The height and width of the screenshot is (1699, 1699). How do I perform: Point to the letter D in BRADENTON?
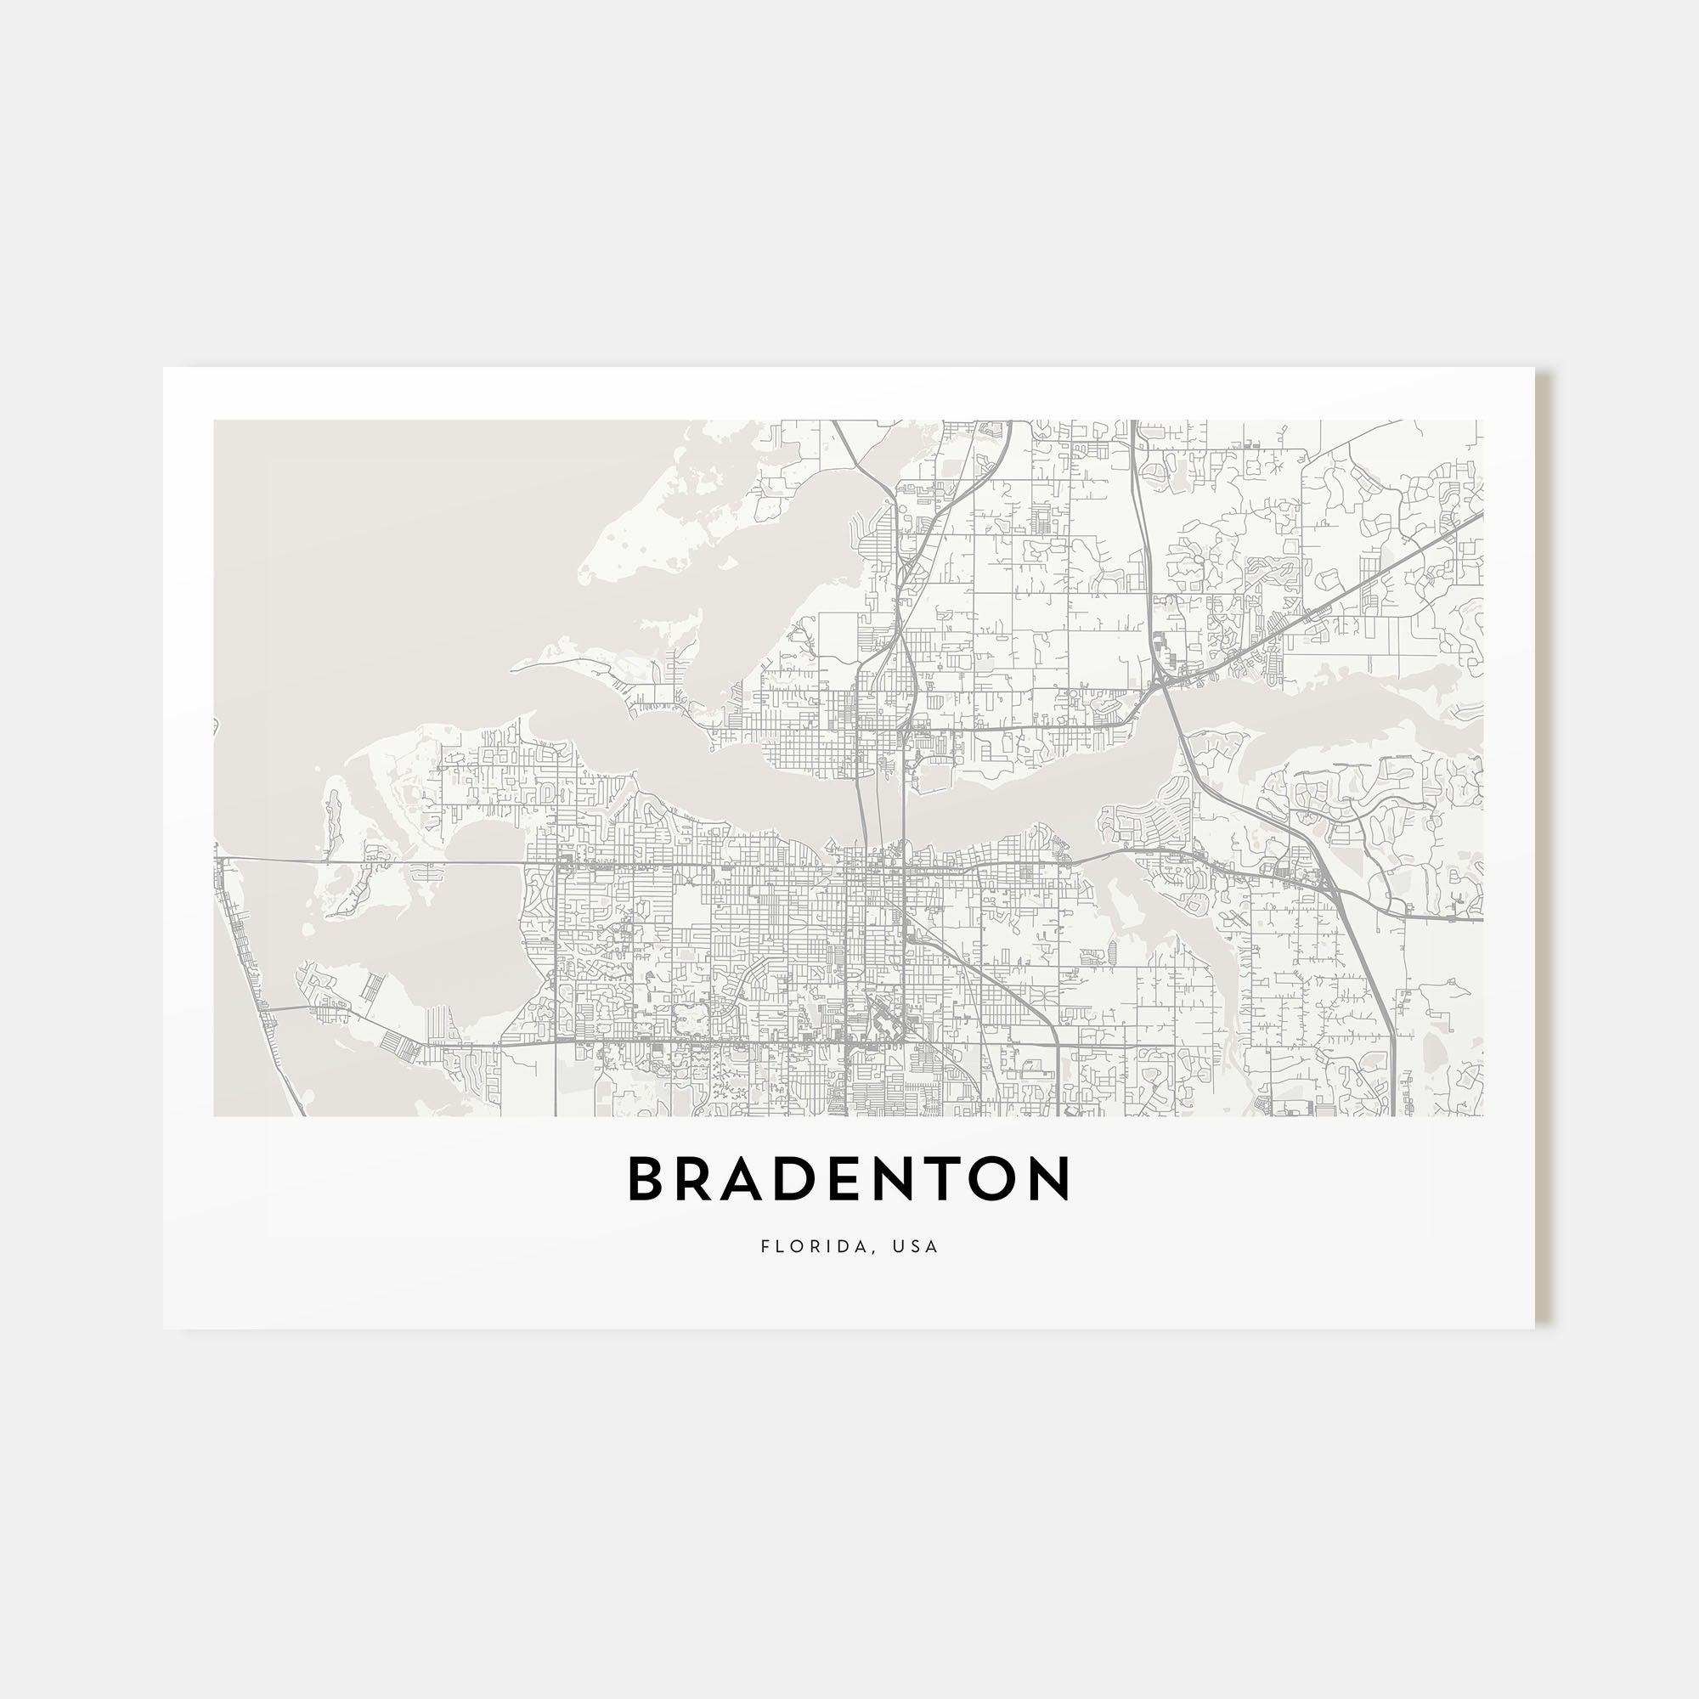[x=815, y=1179]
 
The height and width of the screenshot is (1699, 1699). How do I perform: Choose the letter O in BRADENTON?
[x=999, y=1179]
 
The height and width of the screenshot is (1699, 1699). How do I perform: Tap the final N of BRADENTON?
[x=1052, y=1179]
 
